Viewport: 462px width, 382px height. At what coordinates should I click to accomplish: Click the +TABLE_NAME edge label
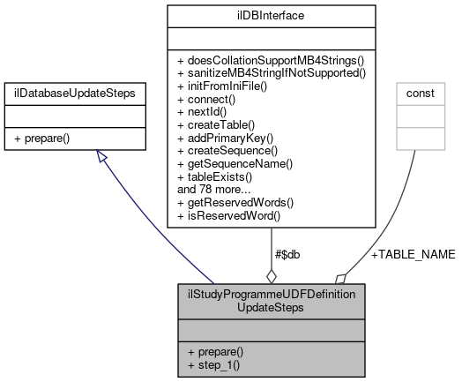(413, 255)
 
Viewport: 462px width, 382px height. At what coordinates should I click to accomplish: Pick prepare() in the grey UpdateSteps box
(217, 351)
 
